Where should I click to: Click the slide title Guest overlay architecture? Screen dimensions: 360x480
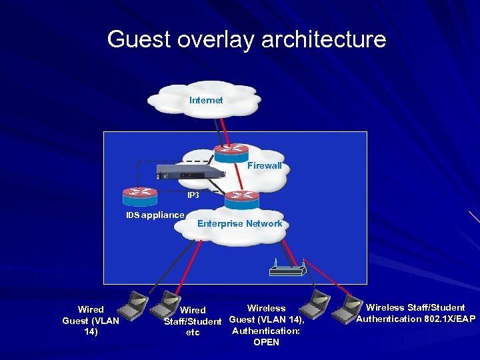(x=246, y=39)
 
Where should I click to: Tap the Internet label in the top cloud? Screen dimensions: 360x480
(x=206, y=100)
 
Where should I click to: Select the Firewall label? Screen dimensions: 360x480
(x=264, y=165)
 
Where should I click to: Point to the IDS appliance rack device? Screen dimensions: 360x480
(x=190, y=172)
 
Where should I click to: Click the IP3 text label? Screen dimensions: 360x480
(x=193, y=195)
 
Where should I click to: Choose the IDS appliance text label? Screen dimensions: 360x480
(x=155, y=215)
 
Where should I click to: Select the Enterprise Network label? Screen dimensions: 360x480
(x=239, y=223)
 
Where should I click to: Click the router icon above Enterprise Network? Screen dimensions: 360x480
(x=241, y=199)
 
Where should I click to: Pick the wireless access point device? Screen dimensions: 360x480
(x=287, y=269)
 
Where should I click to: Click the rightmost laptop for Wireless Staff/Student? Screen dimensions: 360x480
(x=347, y=307)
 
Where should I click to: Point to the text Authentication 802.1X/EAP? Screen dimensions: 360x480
(x=415, y=319)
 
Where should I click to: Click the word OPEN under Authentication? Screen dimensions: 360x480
(x=266, y=342)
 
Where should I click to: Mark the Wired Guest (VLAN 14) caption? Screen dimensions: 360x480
(x=91, y=321)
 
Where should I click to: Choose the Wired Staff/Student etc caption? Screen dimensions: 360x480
(x=193, y=321)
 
